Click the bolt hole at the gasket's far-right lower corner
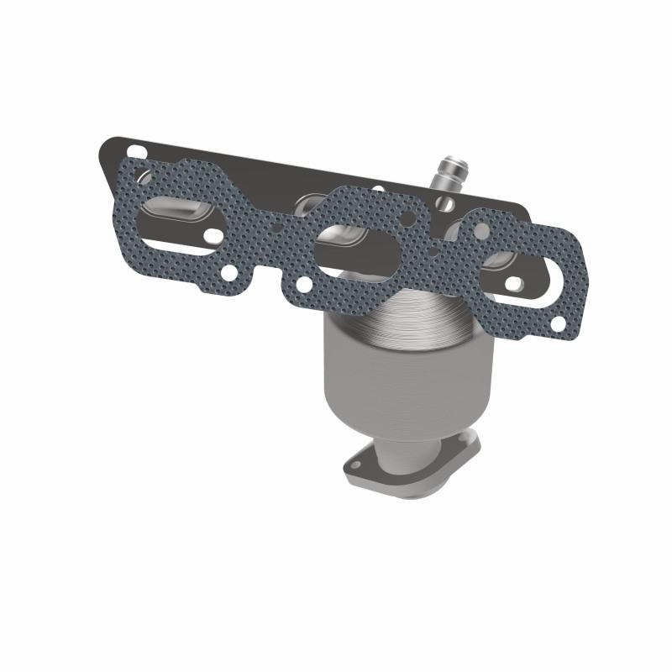[x=556, y=323]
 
